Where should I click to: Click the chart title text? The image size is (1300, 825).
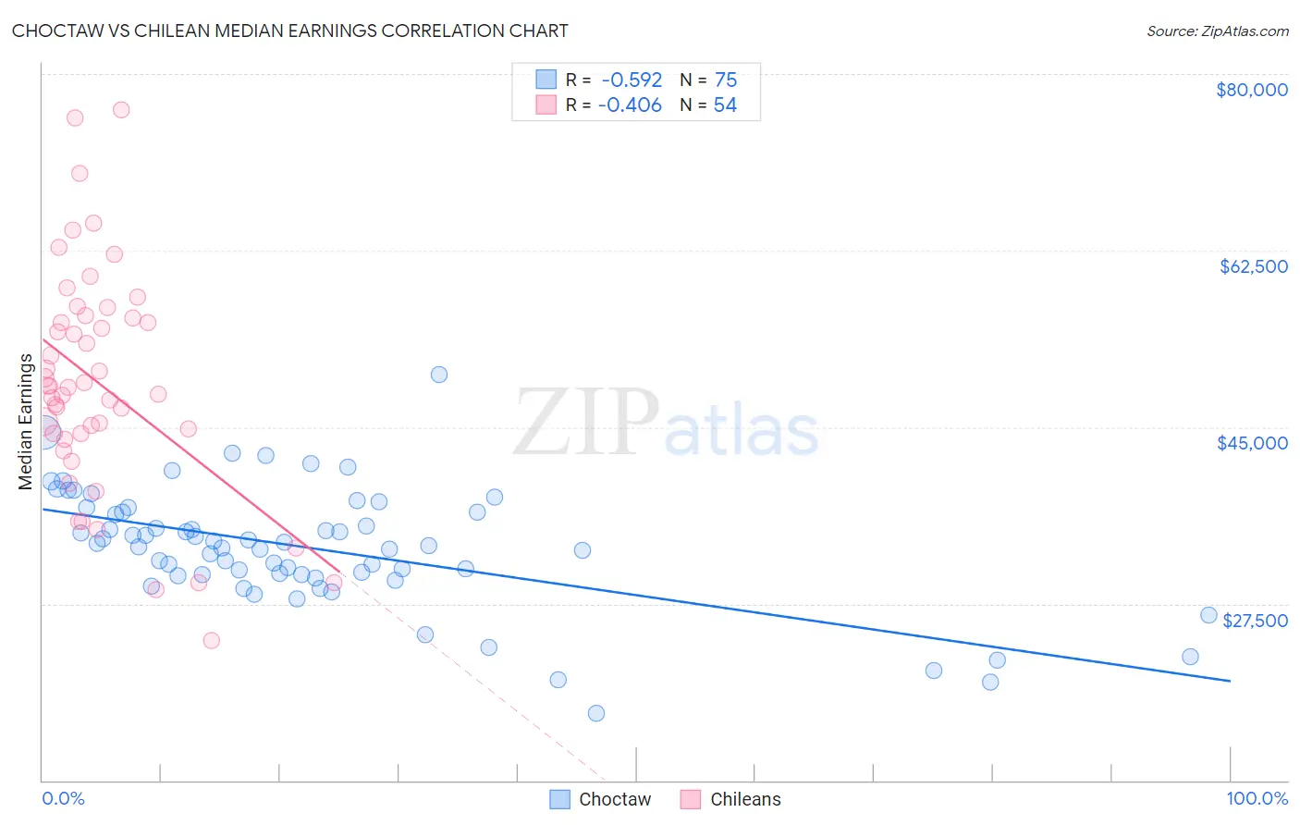[x=290, y=31]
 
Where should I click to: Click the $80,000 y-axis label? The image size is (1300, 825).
[x=1252, y=90]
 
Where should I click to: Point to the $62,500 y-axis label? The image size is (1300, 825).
[x=1254, y=266]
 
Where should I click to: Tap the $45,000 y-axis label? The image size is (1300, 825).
[x=1253, y=443]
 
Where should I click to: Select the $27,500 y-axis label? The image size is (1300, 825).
[x=1255, y=621]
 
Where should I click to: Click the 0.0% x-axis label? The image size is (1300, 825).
[x=63, y=799]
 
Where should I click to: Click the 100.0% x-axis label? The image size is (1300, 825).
[x=1257, y=799]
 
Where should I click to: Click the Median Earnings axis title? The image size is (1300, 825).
[x=26, y=422]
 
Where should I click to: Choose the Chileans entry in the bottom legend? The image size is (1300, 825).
[x=731, y=799]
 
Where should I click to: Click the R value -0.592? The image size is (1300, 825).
[x=632, y=80]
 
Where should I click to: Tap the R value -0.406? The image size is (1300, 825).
[x=630, y=105]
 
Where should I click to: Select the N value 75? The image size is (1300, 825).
[x=726, y=80]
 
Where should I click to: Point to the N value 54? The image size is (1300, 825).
[x=725, y=105]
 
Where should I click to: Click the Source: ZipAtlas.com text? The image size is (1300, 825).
[x=1217, y=31]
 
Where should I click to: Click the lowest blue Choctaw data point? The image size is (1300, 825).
[x=596, y=713]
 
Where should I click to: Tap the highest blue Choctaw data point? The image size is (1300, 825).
[x=439, y=375]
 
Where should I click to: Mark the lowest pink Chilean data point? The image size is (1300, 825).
[x=211, y=640]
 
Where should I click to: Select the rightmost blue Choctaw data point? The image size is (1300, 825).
[x=1208, y=616]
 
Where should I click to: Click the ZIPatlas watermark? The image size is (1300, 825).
[x=666, y=423]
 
